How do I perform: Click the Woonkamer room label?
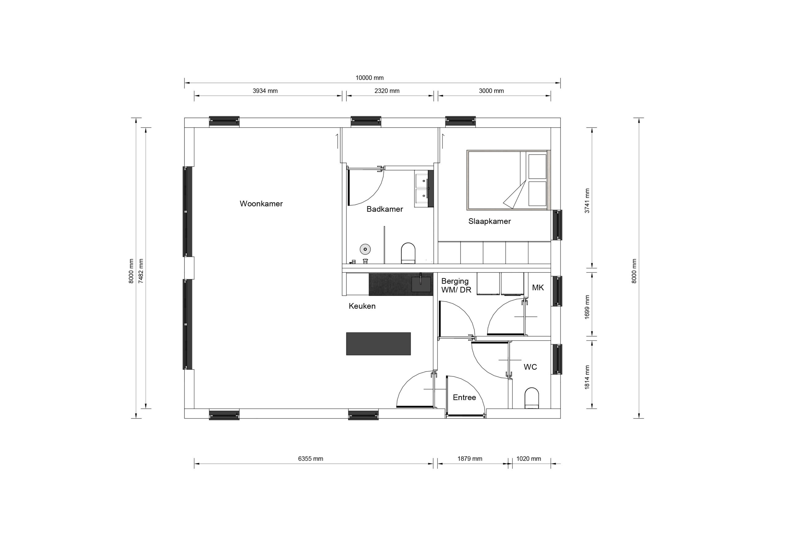click(x=261, y=203)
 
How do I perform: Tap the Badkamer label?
click(x=385, y=209)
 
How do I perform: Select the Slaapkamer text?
click(x=489, y=221)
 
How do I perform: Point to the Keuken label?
click(x=362, y=306)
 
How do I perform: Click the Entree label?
click(x=464, y=397)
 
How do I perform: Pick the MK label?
click(x=538, y=287)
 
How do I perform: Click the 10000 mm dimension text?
click(x=369, y=78)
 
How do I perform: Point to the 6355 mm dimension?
click(x=310, y=459)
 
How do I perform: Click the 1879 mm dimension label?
click(x=470, y=459)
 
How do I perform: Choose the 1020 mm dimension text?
click(x=529, y=459)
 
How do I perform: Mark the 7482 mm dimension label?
click(x=141, y=271)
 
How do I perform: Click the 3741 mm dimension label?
click(x=587, y=201)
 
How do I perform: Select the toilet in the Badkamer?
click(x=408, y=253)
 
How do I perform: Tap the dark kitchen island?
click(x=378, y=343)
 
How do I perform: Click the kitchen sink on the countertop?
click(x=421, y=284)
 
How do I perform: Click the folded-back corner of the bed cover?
click(x=516, y=196)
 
